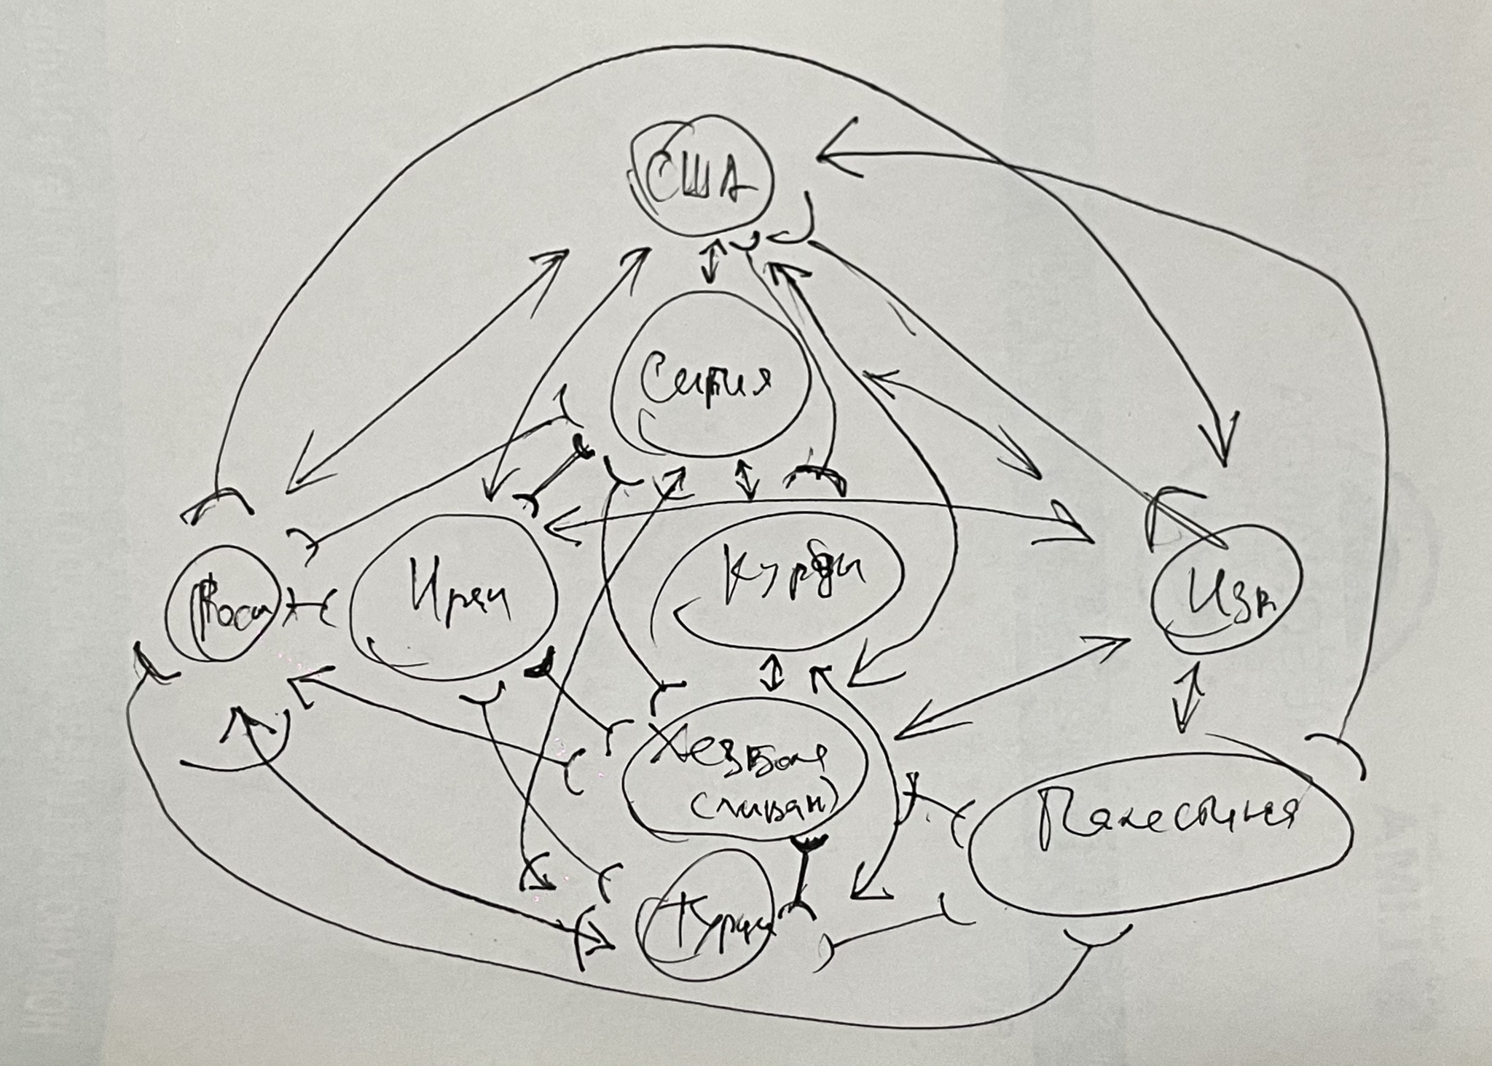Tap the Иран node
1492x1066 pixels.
click(452, 597)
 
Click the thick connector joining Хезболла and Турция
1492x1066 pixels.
click(805, 874)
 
